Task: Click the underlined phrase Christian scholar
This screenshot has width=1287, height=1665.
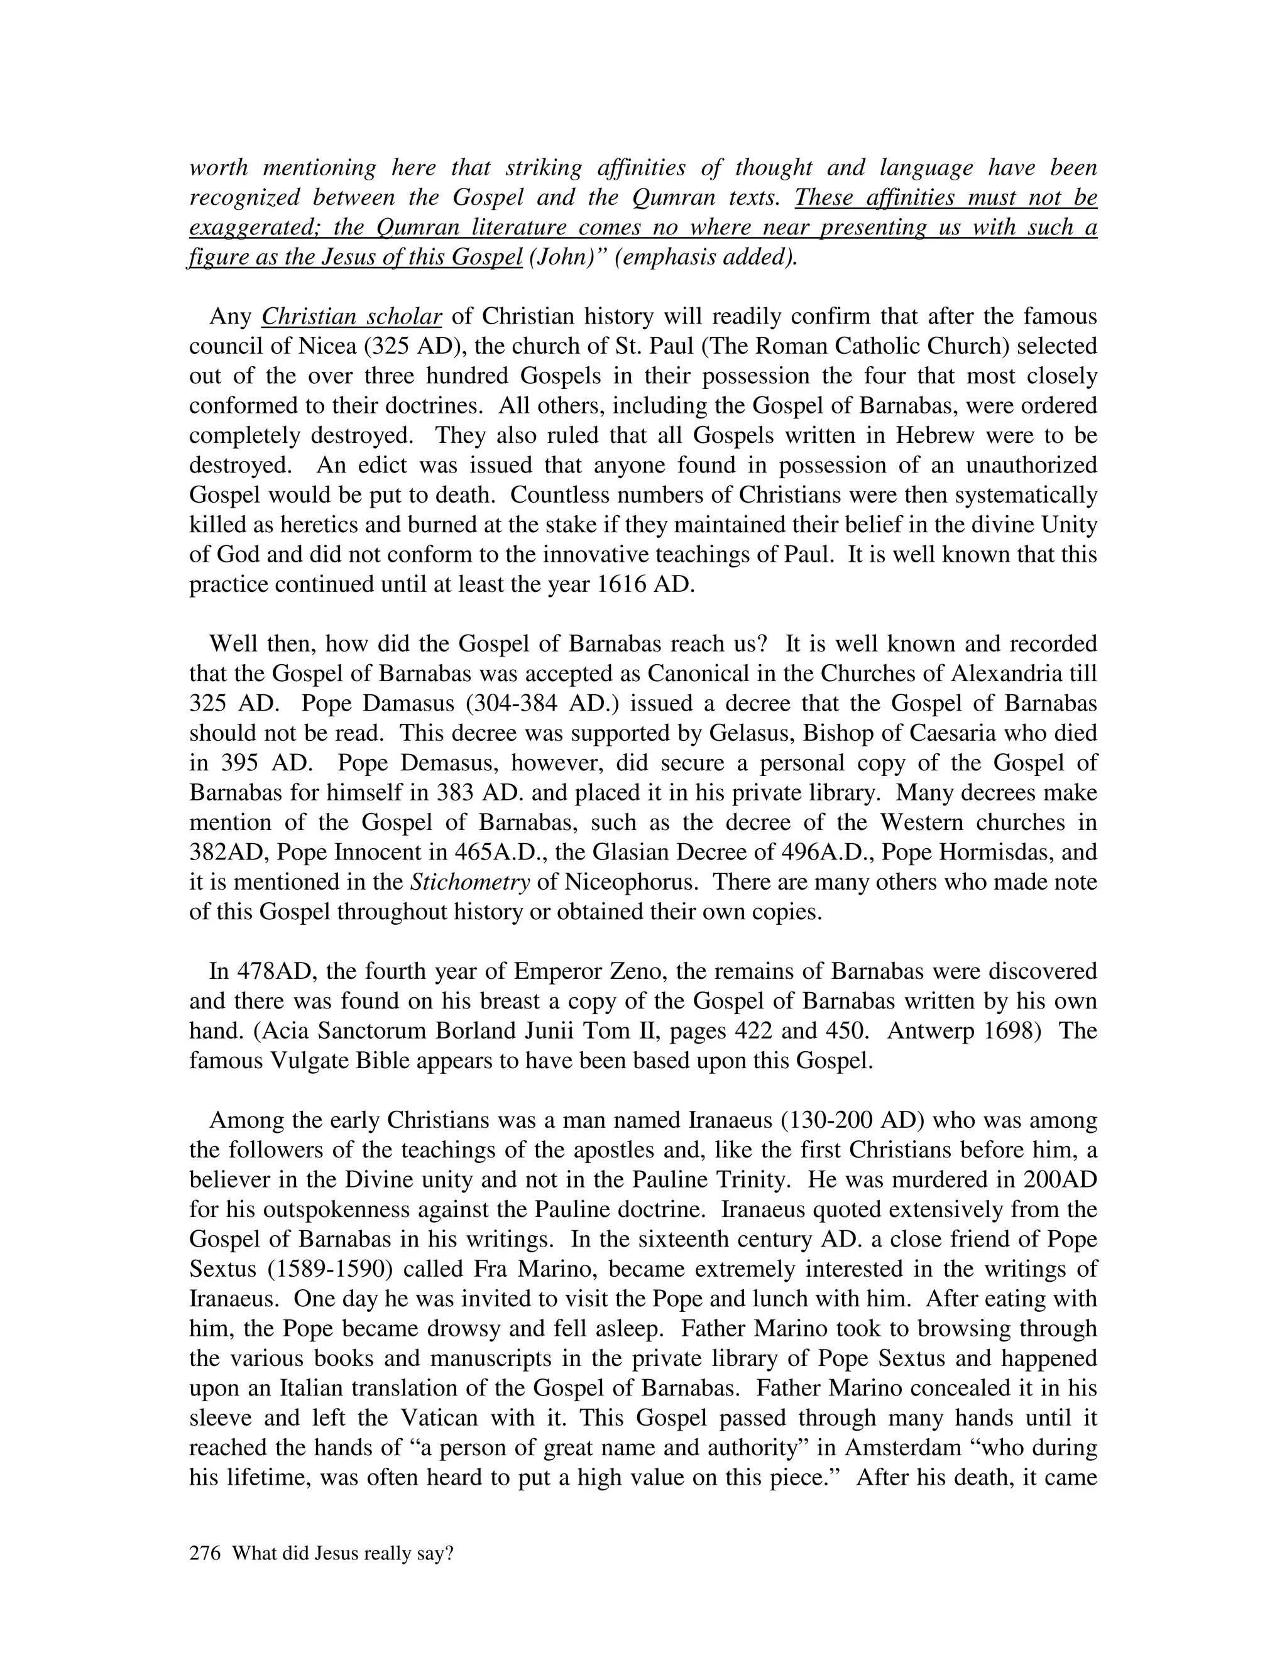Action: coord(351,317)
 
